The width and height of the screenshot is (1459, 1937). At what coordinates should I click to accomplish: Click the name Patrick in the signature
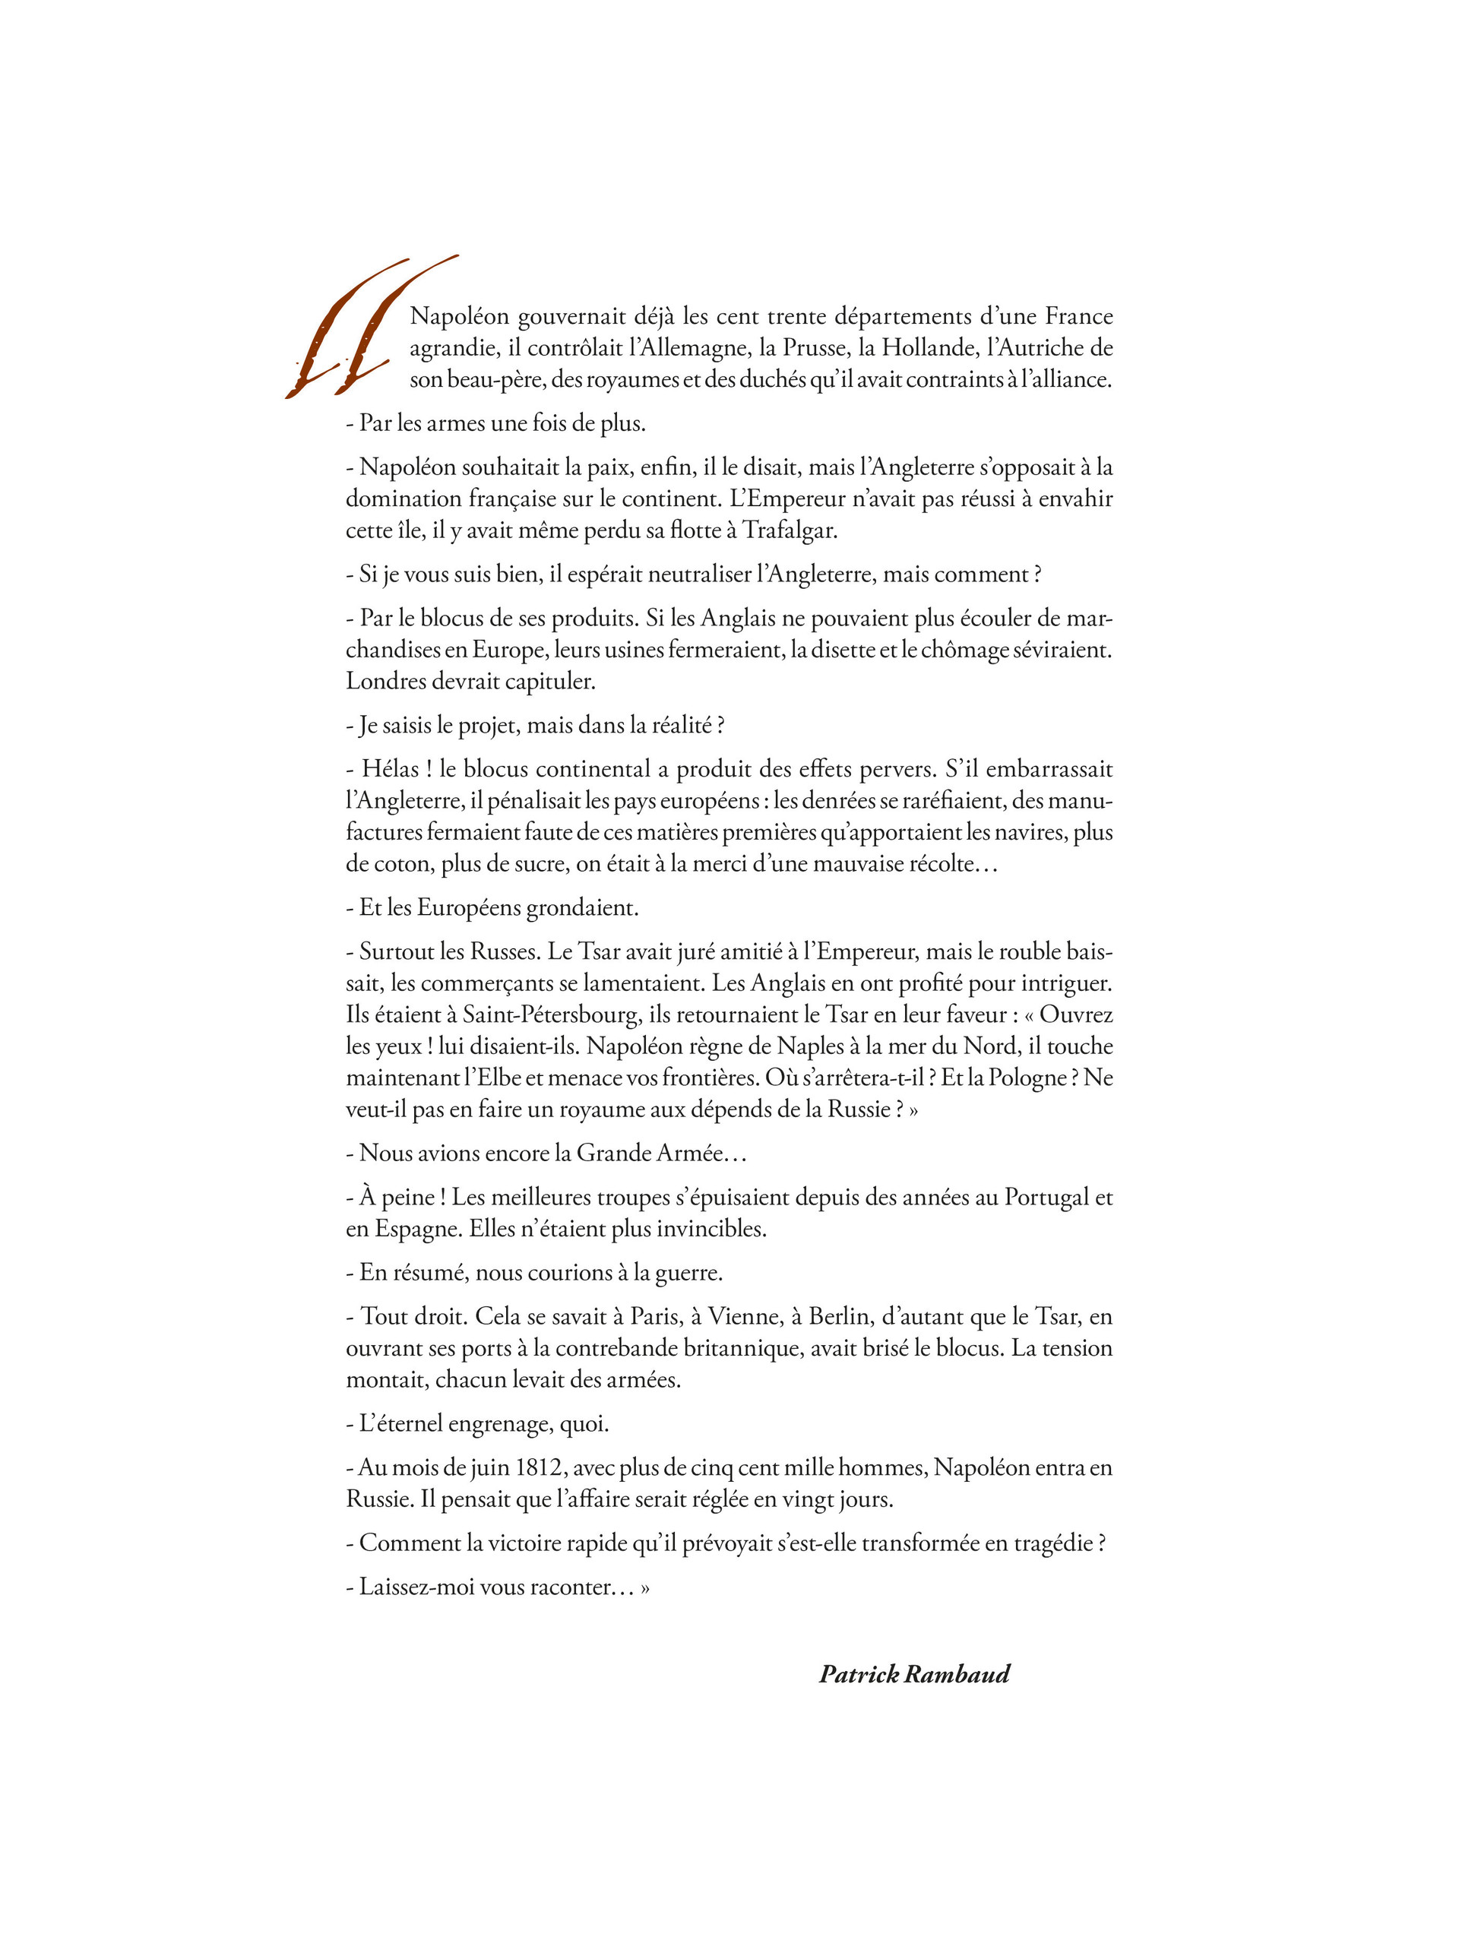coord(858,1674)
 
